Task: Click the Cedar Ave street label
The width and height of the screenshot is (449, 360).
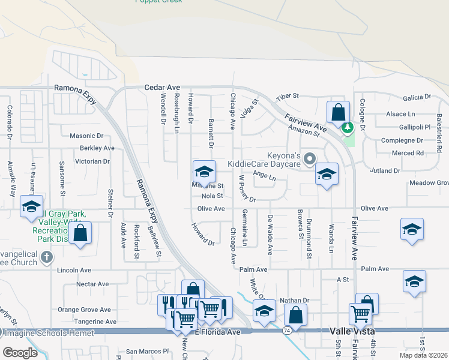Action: click(x=162, y=87)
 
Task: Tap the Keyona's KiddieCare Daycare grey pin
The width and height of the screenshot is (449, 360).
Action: click(x=310, y=159)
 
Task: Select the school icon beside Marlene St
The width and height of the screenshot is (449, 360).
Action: click(x=204, y=172)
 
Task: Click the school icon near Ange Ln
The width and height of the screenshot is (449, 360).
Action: click(x=326, y=174)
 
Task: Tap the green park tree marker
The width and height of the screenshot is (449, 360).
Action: click(x=346, y=127)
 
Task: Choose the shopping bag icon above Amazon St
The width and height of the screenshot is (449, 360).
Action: click(x=338, y=112)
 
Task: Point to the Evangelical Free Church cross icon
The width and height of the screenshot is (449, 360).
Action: click(x=47, y=257)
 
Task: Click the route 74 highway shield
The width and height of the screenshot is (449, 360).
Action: click(x=287, y=331)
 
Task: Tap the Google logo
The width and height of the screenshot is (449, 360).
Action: click(x=20, y=352)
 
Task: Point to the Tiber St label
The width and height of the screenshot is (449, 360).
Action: click(x=287, y=97)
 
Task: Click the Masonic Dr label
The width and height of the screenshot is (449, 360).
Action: click(x=87, y=136)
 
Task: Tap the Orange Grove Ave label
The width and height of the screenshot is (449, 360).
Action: click(x=84, y=310)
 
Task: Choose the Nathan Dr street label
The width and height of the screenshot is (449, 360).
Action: click(x=294, y=300)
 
